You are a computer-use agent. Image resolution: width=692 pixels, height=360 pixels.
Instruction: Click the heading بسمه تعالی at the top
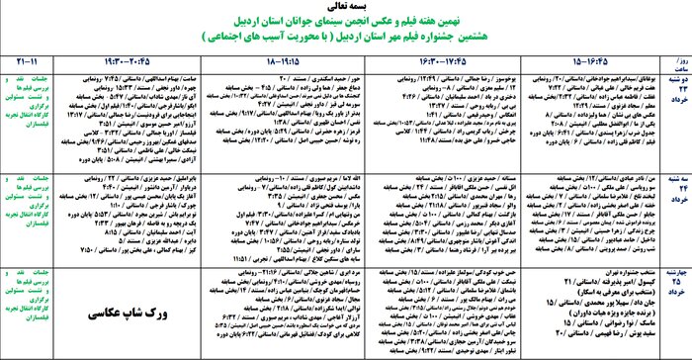[345, 6]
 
